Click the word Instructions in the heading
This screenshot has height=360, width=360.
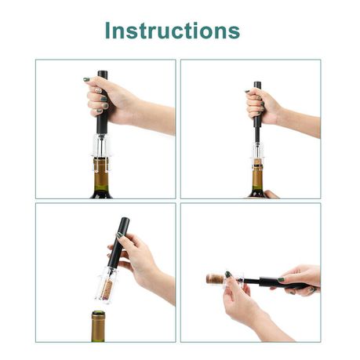[x=173, y=31]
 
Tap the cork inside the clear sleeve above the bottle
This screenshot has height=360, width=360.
[x=107, y=289]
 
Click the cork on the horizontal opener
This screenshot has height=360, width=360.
[x=216, y=278]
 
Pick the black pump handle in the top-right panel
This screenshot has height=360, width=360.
[x=257, y=104]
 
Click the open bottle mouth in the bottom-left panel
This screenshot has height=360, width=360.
[x=98, y=313]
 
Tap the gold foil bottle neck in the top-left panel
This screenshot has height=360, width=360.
[x=100, y=174]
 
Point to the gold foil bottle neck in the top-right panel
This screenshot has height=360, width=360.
[x=257, y=179]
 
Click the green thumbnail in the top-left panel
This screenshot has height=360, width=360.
[x=86, y=79]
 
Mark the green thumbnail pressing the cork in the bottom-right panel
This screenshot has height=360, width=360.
[x=228, y=275]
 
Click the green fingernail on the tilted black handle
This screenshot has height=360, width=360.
[x=119, y=235]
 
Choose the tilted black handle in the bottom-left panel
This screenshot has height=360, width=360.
[x=119, y=243]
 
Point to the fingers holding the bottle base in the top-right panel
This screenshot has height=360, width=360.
[x=271, y=195]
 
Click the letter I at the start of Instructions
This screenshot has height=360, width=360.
[x=107, y=31]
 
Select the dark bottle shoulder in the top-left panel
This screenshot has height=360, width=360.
[x=101, y=195]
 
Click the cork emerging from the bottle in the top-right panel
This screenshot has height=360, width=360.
[x=257, y=162]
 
